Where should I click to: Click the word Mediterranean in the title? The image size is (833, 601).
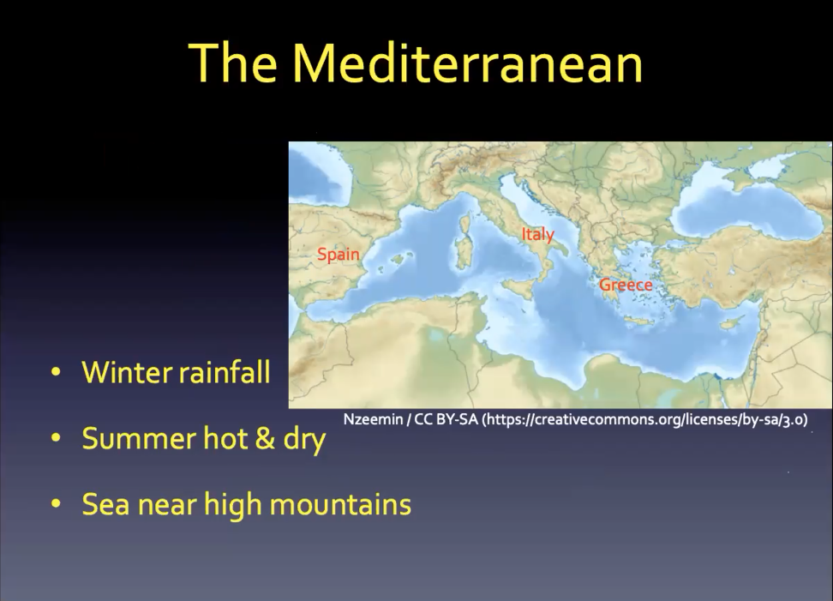468,63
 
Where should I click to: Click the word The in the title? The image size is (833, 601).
233,63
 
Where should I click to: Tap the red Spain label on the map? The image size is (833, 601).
339,255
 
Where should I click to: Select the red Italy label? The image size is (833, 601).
537,234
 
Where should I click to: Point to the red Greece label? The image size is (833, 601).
626,285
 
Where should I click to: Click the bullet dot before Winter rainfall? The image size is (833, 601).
56,372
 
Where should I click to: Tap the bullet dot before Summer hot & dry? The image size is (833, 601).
56,438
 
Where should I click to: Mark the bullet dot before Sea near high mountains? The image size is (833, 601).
56,504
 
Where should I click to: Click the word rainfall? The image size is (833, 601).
224,371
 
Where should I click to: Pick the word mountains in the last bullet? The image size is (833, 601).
340,504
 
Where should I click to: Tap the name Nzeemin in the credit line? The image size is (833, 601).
373,419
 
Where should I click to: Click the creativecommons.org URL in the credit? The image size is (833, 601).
644,419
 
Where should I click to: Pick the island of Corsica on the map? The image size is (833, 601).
465,224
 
